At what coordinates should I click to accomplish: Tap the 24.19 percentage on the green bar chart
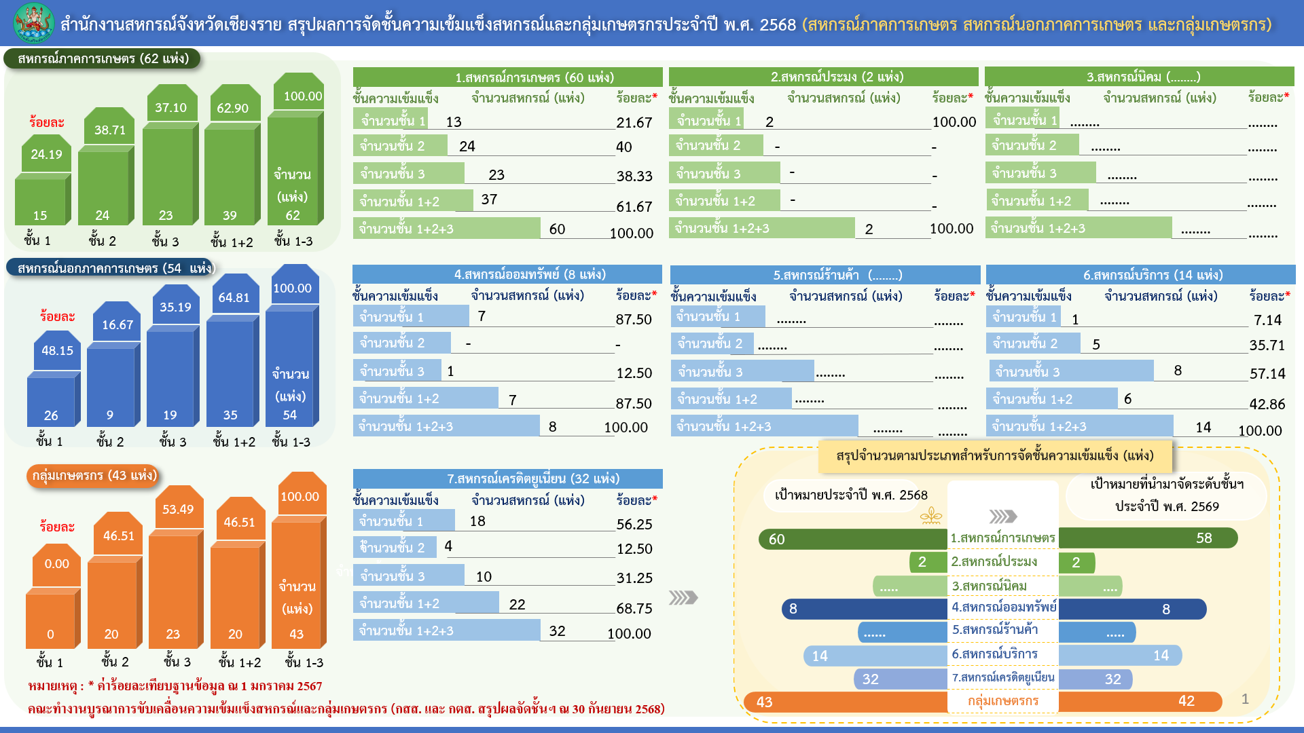coord(46,155)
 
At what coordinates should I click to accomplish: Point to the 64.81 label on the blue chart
coord(234,297)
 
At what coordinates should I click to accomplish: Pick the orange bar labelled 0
coord(50,620)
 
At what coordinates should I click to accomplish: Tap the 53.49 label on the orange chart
coord(178,509)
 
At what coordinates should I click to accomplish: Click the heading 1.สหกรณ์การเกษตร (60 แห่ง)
coord(507,77)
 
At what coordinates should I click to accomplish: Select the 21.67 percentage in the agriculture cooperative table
coord(634,123)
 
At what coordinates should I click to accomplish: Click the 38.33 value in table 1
coord(634,176)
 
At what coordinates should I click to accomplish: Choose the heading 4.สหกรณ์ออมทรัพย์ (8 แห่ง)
coord(507,274)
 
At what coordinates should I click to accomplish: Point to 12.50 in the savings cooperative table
coord(634,373)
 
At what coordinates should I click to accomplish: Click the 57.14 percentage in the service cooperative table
coord(1267,374)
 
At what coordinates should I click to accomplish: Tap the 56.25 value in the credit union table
coord(634,525)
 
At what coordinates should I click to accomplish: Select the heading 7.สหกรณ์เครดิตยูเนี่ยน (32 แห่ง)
coord(507,478)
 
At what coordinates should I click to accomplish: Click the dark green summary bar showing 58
coord(1148,538)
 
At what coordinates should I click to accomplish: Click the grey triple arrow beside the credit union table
coord(683,597)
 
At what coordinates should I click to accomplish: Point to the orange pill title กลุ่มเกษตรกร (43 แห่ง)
coord(94,476)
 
